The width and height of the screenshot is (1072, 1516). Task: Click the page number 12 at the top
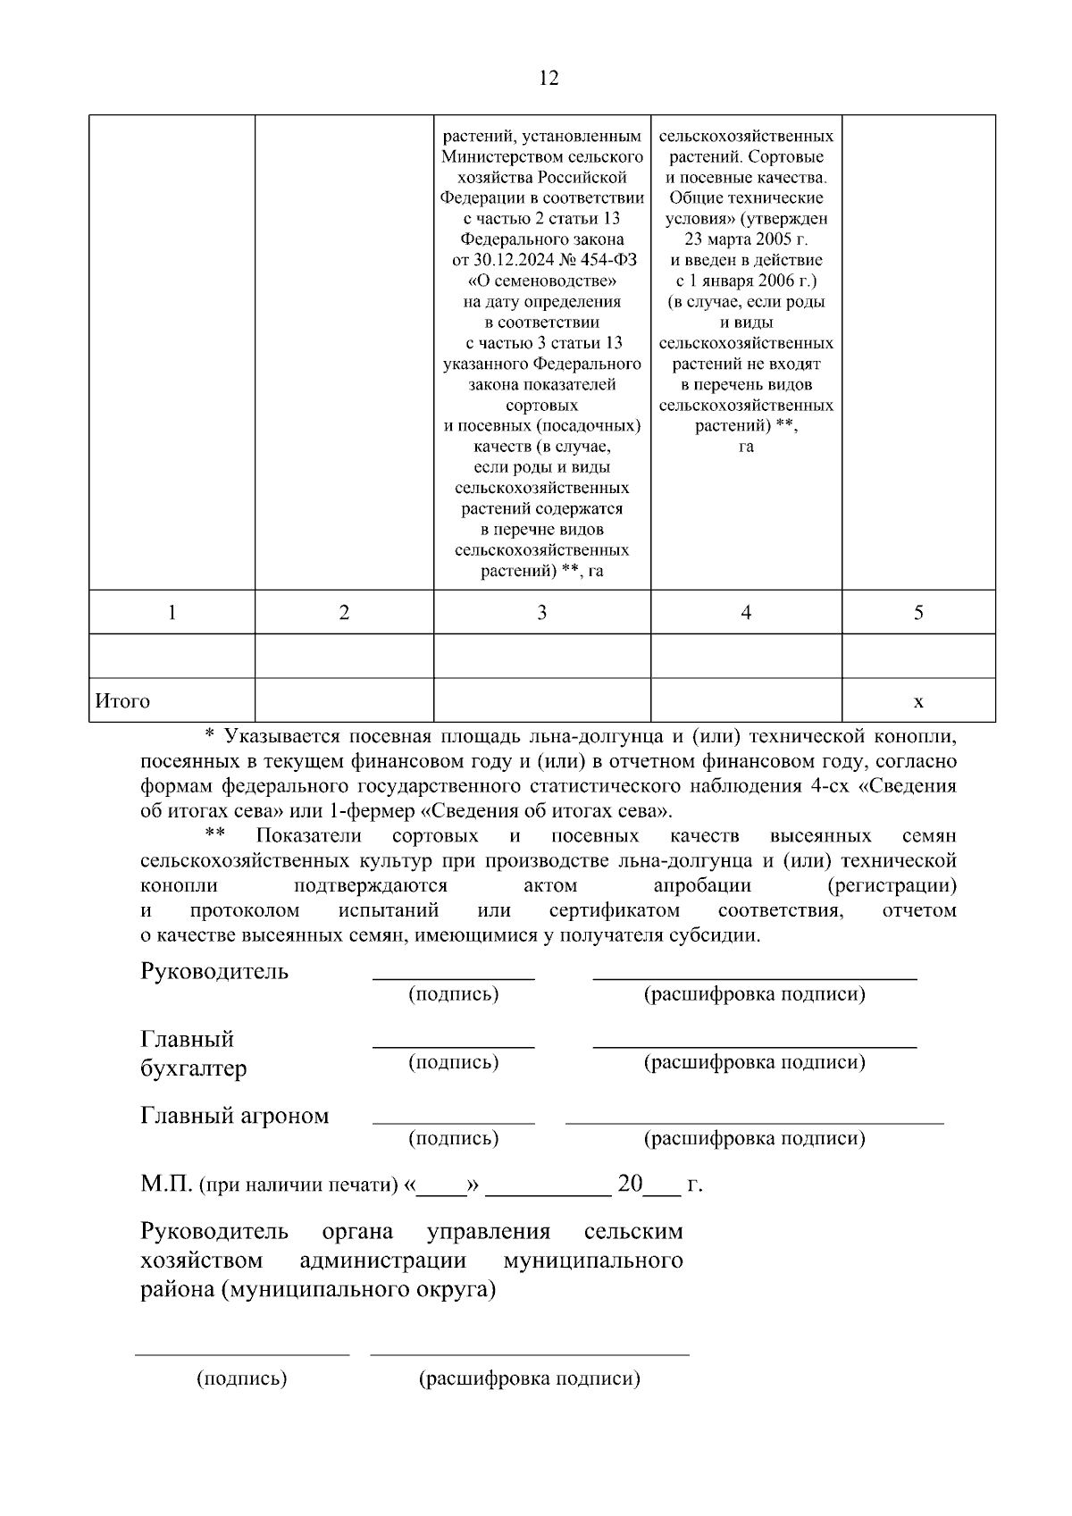pos(549,79)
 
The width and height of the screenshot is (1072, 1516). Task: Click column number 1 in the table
pos(172,613)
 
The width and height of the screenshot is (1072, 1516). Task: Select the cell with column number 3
pos(541,613)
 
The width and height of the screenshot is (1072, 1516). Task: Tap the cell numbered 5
pos(917,613)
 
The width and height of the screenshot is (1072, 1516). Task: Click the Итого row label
pos(122,701)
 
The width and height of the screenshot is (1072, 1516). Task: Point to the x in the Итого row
pos(917,702)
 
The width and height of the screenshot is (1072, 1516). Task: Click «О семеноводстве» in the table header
pos(541,281)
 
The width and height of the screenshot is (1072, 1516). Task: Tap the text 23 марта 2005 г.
pos(746,239)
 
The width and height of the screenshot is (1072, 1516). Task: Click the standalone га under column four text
pos(746,447)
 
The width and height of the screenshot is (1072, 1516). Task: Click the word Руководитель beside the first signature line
pos(214,972)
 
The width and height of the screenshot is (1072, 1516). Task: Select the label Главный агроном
pos(235,1116)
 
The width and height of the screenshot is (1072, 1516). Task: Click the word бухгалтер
pos(194,1068)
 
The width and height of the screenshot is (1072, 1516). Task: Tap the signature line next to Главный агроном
pos(453,1121)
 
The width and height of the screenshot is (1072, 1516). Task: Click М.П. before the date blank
pos(166,1185)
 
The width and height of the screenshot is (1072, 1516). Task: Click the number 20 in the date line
pos(630,1185)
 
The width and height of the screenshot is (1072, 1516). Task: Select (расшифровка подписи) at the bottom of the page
pos(530,1378)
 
